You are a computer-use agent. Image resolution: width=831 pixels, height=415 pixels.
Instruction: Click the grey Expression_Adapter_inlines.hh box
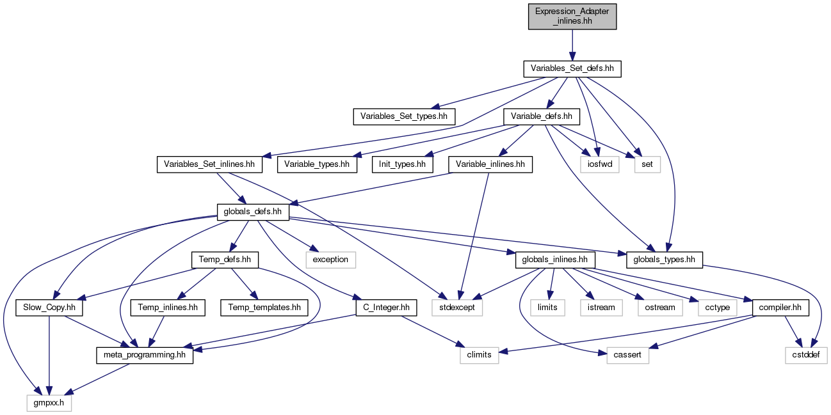coord(572,17)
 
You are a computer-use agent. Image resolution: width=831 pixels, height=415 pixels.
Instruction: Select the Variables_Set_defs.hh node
coord(572,69)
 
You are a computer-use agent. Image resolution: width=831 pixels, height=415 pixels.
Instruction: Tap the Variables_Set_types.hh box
coord(404,117)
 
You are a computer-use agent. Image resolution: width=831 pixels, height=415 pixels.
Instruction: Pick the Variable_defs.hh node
coord(541,117)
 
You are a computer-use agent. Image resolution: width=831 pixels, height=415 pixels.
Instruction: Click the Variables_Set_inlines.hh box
coord(209,164)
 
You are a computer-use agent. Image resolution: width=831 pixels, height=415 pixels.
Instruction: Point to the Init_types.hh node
coord(403,164)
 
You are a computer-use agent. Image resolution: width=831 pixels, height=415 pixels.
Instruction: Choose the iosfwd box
coord(599,164)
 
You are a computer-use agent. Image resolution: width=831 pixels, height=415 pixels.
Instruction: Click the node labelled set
coord(647,164)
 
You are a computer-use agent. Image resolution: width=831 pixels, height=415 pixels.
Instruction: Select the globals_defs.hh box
coord(253,212)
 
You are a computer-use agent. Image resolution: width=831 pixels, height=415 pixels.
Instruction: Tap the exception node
coord(330,260)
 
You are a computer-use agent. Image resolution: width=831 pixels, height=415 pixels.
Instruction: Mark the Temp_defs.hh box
coord(225,260)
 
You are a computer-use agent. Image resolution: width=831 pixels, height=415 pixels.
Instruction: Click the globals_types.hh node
coord(664,260)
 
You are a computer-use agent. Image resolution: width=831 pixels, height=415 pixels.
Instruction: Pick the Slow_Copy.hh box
coord(49,308)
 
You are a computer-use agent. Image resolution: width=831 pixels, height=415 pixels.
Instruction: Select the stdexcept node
coord(457,308)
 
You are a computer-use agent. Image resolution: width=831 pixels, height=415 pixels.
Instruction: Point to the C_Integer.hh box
coord(386,308)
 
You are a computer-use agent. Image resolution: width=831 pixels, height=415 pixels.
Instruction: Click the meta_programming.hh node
coord(145,356)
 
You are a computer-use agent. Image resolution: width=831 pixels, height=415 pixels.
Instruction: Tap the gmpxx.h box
coord(49,403)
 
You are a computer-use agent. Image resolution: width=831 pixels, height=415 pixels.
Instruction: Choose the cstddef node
coord(806,356)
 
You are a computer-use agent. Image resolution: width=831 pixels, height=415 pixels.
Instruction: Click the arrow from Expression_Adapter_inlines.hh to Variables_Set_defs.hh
coord(572,45)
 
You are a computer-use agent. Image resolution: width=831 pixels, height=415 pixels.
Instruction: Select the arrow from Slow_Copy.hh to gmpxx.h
coord(49,356)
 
